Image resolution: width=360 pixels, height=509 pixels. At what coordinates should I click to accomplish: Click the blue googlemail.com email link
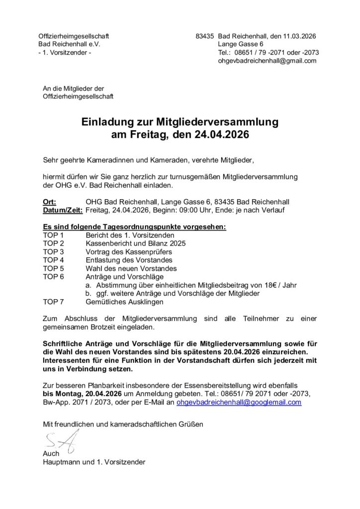pyautogui.click(x=239, y=402)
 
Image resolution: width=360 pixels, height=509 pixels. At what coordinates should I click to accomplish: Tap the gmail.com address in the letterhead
pyautogui.click(x=267, y=61)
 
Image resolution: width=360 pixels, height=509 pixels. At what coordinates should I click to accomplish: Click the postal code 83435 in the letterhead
pyautogui.click(x=205, y=36)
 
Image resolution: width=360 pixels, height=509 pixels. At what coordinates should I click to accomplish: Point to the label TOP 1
pyautogui.click(x=53, y=234)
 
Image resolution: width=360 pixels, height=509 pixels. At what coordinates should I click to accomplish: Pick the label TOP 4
pyautogui.click(x=53, y=259)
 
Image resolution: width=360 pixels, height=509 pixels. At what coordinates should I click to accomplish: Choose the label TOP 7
pyautogui.click(x=53, y=301)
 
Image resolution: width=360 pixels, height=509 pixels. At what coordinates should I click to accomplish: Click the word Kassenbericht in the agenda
pyautogui.click(x=109, y=243)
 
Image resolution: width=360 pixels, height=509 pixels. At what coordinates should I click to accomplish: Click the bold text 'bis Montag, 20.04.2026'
pyautogui.click(x=83, y=394)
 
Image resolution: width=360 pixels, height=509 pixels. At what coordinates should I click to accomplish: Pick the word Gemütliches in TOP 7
pyautogui.click(x=105, y=301)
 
